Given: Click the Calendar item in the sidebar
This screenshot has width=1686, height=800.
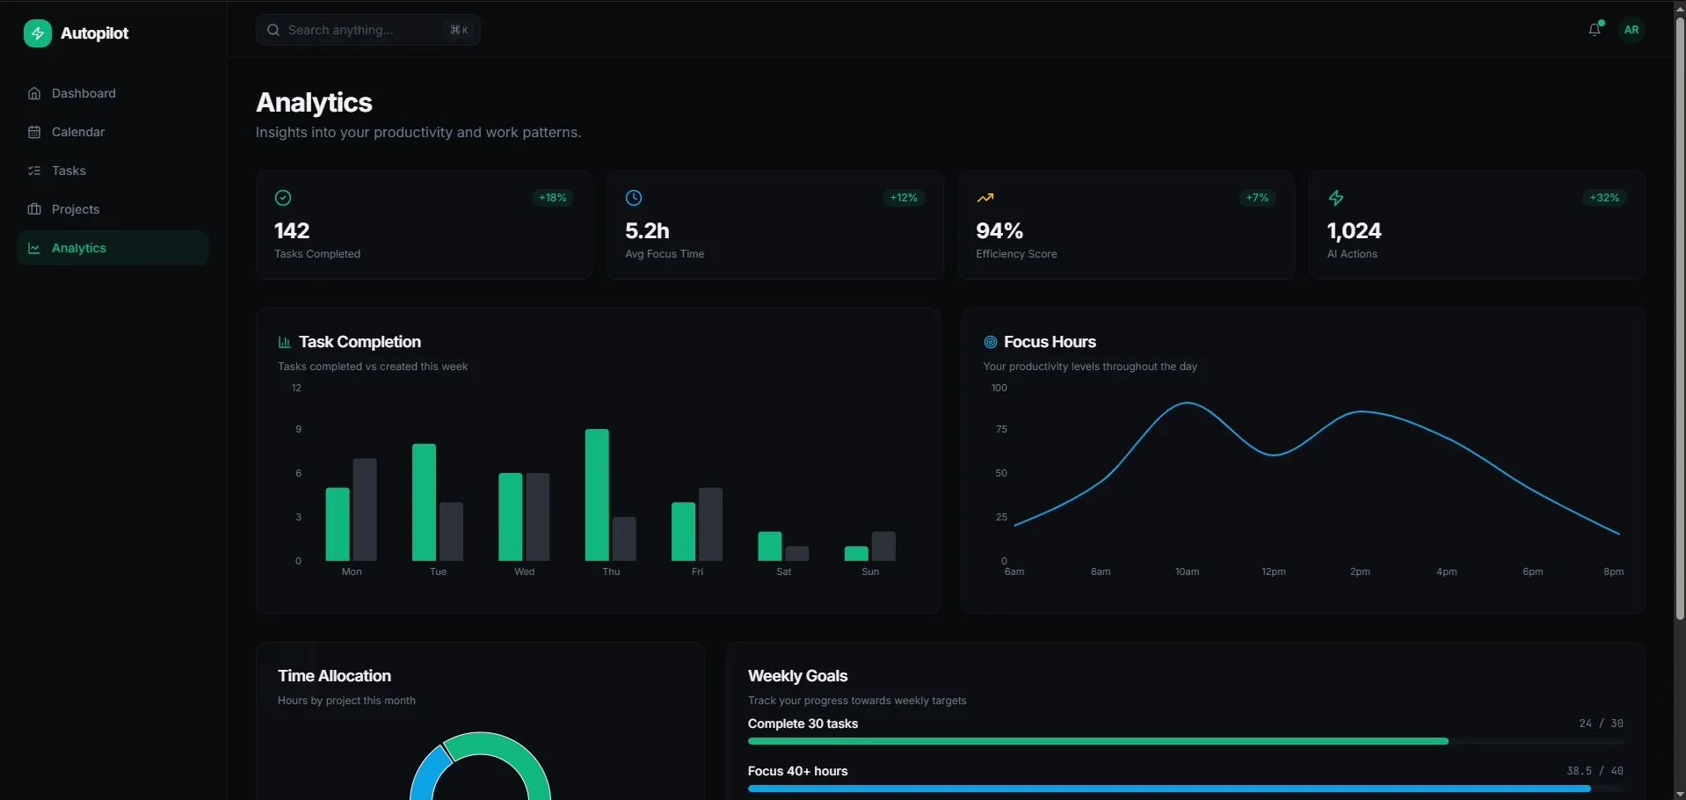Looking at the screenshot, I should (x=77, y=132).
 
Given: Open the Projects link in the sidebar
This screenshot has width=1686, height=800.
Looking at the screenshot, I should (x=75, y=209).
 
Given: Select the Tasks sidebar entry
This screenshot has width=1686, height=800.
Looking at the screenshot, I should (x=69, y=171).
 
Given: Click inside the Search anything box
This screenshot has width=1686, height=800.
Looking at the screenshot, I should (x=360, y=30).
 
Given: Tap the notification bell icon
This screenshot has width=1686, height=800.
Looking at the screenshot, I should (x=1594, y=30).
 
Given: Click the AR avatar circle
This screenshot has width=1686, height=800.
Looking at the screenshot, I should (x=1631, y=30).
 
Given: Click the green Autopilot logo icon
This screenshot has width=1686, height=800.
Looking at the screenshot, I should (x=37, y=33).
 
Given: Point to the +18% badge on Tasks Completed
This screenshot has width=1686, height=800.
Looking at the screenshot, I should (x=553, y=198).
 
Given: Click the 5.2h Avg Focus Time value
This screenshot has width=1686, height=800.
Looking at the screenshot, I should (x=647, y=230).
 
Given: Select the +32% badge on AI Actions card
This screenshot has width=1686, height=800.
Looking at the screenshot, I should (x=1604, y=198).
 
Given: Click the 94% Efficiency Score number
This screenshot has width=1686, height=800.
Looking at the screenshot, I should (x=999, y=230).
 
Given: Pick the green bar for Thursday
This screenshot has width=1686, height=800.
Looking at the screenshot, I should (x=597, y=495).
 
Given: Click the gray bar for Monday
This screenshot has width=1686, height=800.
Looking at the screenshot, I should (x=365, y=510).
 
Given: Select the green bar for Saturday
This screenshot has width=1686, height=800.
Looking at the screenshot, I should (x=769, y=546).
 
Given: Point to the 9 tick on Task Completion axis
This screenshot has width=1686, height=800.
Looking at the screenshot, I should (x=299, y=429).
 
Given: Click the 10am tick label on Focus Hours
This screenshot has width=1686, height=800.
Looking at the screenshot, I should (x=1187, y=571).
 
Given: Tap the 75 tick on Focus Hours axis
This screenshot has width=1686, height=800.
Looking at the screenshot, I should (x=1001, y=429).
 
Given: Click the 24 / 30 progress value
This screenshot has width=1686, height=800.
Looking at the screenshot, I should (x=1601, y=724).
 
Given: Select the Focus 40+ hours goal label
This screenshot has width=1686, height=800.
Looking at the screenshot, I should (x=797, y=771).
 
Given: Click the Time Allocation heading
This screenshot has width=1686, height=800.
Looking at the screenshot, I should (x=334, y=676).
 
